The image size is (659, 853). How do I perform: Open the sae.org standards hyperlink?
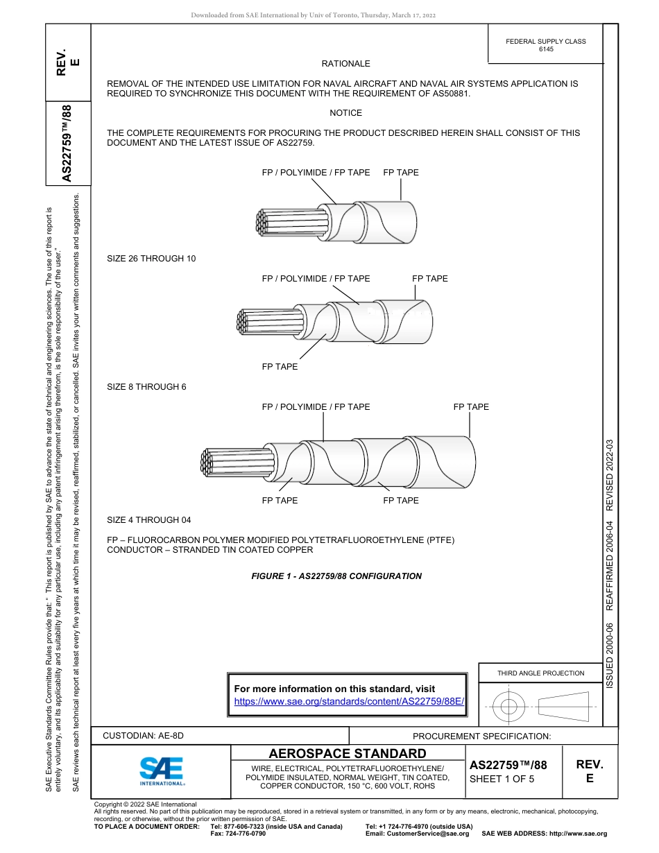pos(348,701)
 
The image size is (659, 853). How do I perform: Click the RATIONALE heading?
pos(345,64)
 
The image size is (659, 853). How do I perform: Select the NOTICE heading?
pos(345,113)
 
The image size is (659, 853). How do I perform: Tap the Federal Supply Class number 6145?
pos(545,50)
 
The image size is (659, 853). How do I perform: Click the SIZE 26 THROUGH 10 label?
pos(151,259)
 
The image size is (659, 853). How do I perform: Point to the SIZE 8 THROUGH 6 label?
pos(146,387)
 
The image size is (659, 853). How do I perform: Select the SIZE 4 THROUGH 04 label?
pos(148,520)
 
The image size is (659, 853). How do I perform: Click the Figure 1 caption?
pos(336,576)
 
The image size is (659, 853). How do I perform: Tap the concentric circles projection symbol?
pos(510,707)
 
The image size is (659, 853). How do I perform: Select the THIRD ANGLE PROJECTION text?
pos(540,673)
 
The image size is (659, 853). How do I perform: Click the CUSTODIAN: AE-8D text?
pos(144,736)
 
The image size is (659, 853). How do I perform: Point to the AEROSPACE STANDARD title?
pos(348,754)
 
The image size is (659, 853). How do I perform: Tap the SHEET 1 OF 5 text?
pos(502,779)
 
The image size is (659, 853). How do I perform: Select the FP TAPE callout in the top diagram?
pos(401,173)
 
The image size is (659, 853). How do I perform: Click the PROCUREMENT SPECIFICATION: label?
pos(481,736)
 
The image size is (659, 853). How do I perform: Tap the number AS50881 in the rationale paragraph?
pos(445,93)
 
